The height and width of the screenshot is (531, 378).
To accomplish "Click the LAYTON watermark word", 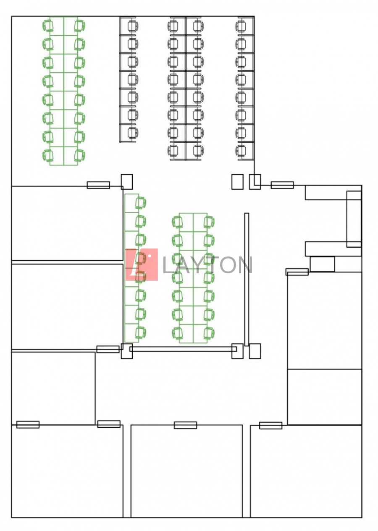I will click(207, 265).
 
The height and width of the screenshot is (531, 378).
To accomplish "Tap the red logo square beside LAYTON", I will click(142, 264).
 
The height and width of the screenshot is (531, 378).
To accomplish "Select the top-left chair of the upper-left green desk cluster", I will click(48, 26).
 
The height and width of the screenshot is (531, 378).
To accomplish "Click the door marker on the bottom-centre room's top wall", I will click(185, 425).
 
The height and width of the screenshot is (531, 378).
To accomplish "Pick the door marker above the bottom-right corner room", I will click(270, 425).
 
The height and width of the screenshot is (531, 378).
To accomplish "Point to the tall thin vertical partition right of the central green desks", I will click(247, 279).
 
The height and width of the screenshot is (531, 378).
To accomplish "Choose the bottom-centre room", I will click(186, 472).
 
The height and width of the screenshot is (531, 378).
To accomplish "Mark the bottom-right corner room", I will click(306, 472).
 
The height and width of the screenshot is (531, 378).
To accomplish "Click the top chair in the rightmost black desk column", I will click(241, 26).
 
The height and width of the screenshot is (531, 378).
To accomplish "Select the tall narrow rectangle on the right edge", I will click(354, 219).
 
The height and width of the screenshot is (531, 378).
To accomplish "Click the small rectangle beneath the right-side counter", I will click(322, 264).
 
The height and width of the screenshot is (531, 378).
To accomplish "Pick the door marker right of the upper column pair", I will click(282, 185).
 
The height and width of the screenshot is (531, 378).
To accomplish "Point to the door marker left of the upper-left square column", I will click(98, 185).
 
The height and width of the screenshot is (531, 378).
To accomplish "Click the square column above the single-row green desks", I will click(127, 182).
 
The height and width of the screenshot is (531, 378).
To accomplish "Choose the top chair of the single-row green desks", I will click(140, 203).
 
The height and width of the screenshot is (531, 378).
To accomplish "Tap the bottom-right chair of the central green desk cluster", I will click(209, 333).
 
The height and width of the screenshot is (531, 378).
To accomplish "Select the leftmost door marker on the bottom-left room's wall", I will click(28, 424).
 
